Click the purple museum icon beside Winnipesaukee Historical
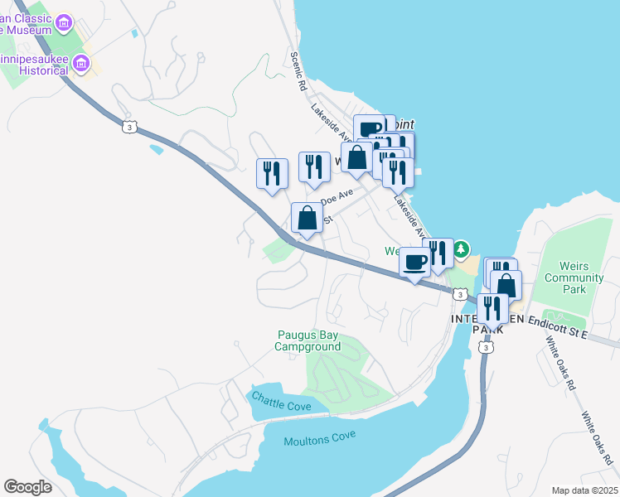click(x=80, y=63)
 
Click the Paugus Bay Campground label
click(x=308, y=340)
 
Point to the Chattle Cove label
click(x=282, y=406)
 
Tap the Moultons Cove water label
click(x=319, y=441)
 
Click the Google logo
click(x=27, y=487)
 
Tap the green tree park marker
click(x=461, y=248)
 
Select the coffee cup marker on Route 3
click(x=415, y=263)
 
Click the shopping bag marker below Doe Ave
click(x=308, y=219)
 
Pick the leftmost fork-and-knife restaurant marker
click(x=272, y=173)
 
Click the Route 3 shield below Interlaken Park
click(x=485, y=347)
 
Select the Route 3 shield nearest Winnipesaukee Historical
click(x=128, y=126)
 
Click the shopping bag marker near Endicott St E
click(x=506, y=286)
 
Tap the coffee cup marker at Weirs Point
click(x=369, y=129)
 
